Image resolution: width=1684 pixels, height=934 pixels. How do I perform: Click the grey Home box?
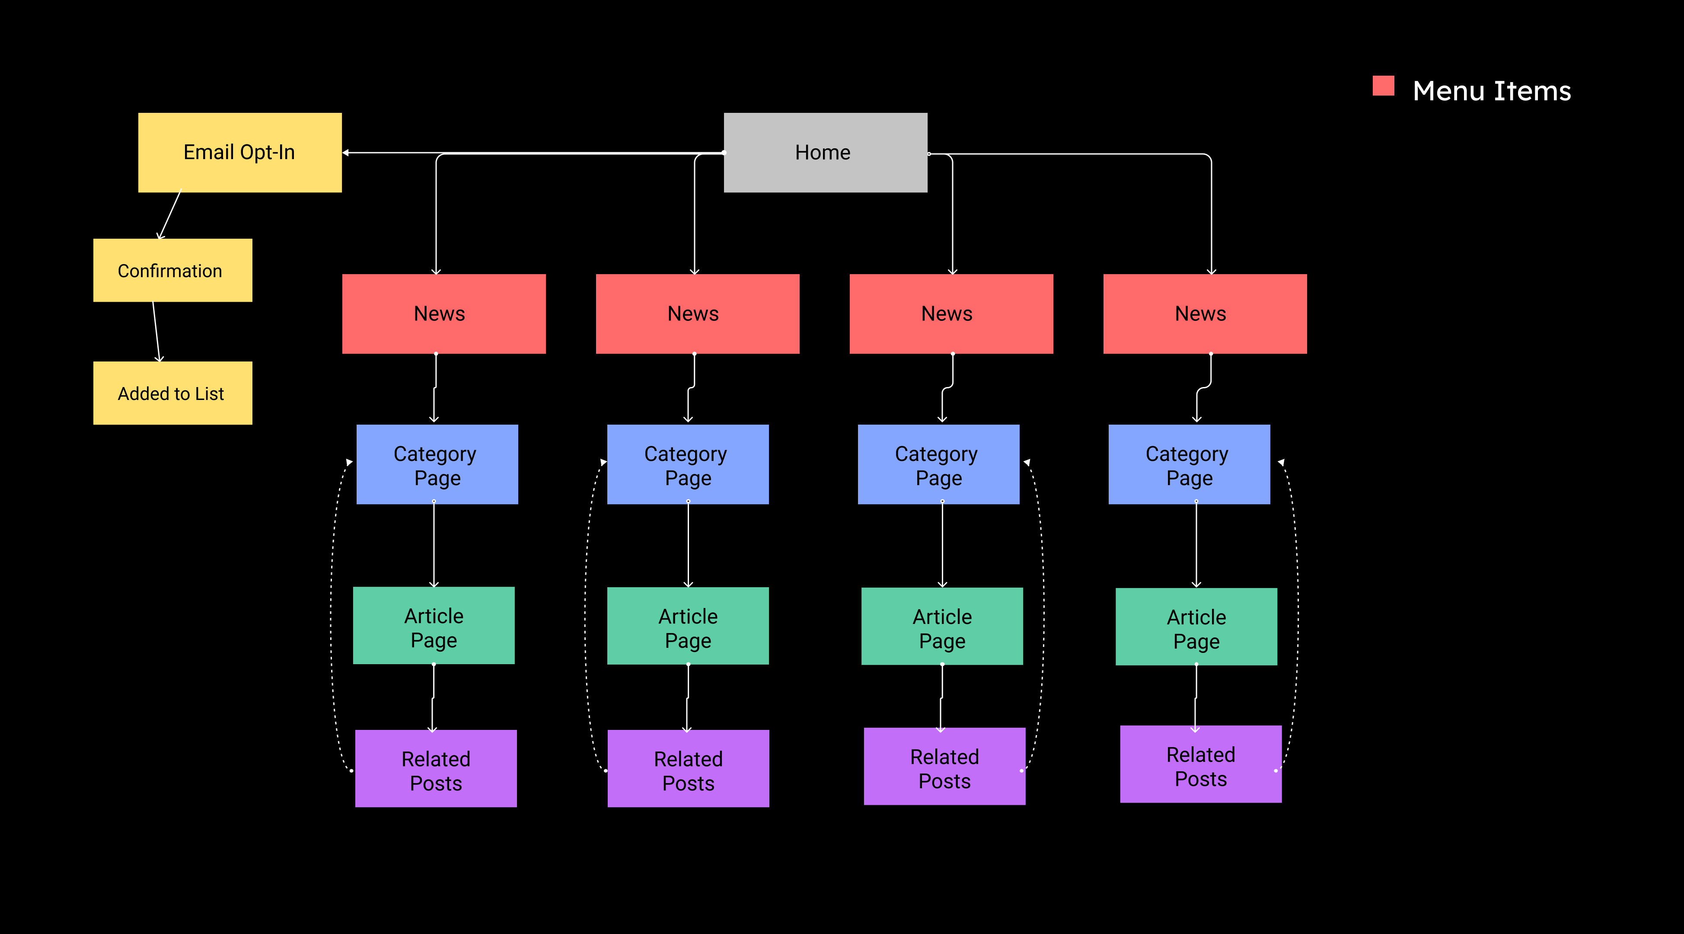click(x=825, y=152)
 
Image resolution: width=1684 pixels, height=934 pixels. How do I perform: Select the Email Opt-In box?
click(x=239, y=152)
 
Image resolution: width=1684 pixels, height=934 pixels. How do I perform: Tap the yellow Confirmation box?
click(x=172, y=270)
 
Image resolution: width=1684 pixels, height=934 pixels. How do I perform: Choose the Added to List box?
click(x=172, y=393)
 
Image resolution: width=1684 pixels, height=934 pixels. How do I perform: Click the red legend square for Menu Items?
click(x=1383, y=86)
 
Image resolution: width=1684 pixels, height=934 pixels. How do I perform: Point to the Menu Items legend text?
click(x=1491, y=91)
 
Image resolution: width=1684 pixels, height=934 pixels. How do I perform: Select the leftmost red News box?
click(x=444, y=314)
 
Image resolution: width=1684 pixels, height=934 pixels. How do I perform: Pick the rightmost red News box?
click(x=1204, y=314)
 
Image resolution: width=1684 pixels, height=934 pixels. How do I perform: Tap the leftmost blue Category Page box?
click(x=437, y=464)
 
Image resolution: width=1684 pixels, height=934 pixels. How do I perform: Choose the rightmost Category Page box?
click(x=1189, y=464)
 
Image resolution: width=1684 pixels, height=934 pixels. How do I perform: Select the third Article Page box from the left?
click(x=941, y=627)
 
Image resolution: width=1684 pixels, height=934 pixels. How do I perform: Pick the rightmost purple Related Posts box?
click(x=1200, y=764)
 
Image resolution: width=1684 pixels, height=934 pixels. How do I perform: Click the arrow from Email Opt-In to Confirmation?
click(x=170, y=214)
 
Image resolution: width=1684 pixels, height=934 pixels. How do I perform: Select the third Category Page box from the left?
click(x=938, y=464)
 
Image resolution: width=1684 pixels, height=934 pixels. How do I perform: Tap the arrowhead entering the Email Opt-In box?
click(x=346, y=153)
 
